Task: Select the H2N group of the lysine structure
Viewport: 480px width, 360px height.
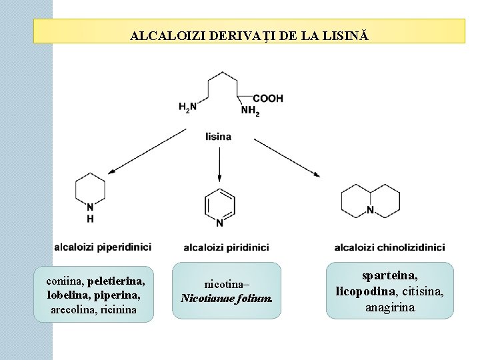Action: tap(188, 107)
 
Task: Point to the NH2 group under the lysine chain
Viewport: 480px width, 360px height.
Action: tap(250, 111)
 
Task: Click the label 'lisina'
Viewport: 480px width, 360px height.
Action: tap(219, 137)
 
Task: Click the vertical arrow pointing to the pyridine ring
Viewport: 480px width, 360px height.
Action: tap(219, 164)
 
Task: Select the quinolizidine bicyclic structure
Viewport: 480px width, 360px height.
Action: tap(370, 198)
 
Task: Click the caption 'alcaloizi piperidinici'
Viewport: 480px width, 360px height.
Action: tap(103, 247)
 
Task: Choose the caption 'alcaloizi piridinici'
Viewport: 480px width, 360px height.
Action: tap(226, 247)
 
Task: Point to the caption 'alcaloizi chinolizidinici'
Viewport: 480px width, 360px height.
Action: tap(389, 247)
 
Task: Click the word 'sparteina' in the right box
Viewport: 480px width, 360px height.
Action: tap(390, 275)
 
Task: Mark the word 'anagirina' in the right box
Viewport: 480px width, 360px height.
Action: tap(389, 307)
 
